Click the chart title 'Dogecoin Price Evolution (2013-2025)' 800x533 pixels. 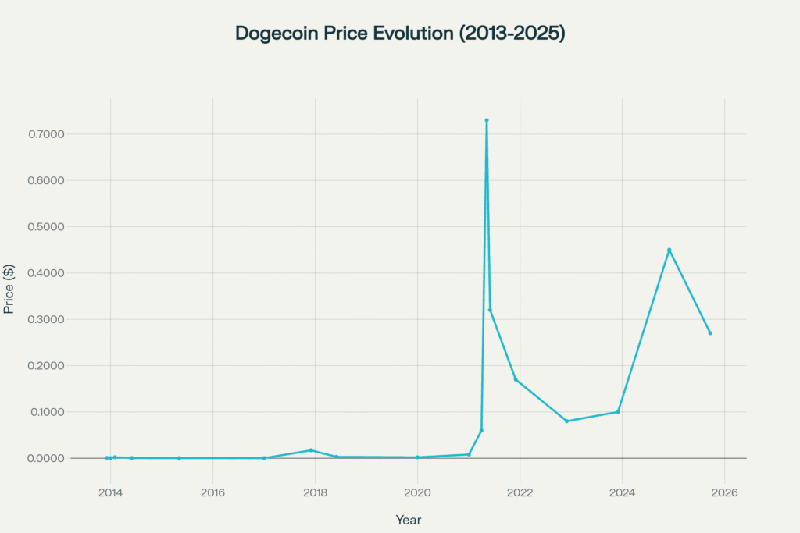[x=399, y=34]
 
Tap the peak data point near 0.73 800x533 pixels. [x=487, y=120]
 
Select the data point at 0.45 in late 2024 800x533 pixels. [x=670, y=250]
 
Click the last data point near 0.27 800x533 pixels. [x=710, y=333]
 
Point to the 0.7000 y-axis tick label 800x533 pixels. [x=45, y=134]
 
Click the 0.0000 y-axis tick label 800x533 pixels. [x=45, y=458]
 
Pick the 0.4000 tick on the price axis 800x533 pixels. [x=45, y=273]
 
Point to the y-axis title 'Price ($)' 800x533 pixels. [x=9, y=288]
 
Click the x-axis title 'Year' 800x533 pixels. [x=409, y=519]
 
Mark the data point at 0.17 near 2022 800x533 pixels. [x=516, y=379]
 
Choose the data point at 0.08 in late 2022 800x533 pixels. [x=566, y=421]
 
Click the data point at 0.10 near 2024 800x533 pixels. [x=618, y=412]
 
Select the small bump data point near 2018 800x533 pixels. [x=311, y=450]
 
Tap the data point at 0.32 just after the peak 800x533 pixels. [x=490, y=310]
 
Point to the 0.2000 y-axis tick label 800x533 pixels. [x=45, y=365]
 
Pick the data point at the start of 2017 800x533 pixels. [x=264, y=458]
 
